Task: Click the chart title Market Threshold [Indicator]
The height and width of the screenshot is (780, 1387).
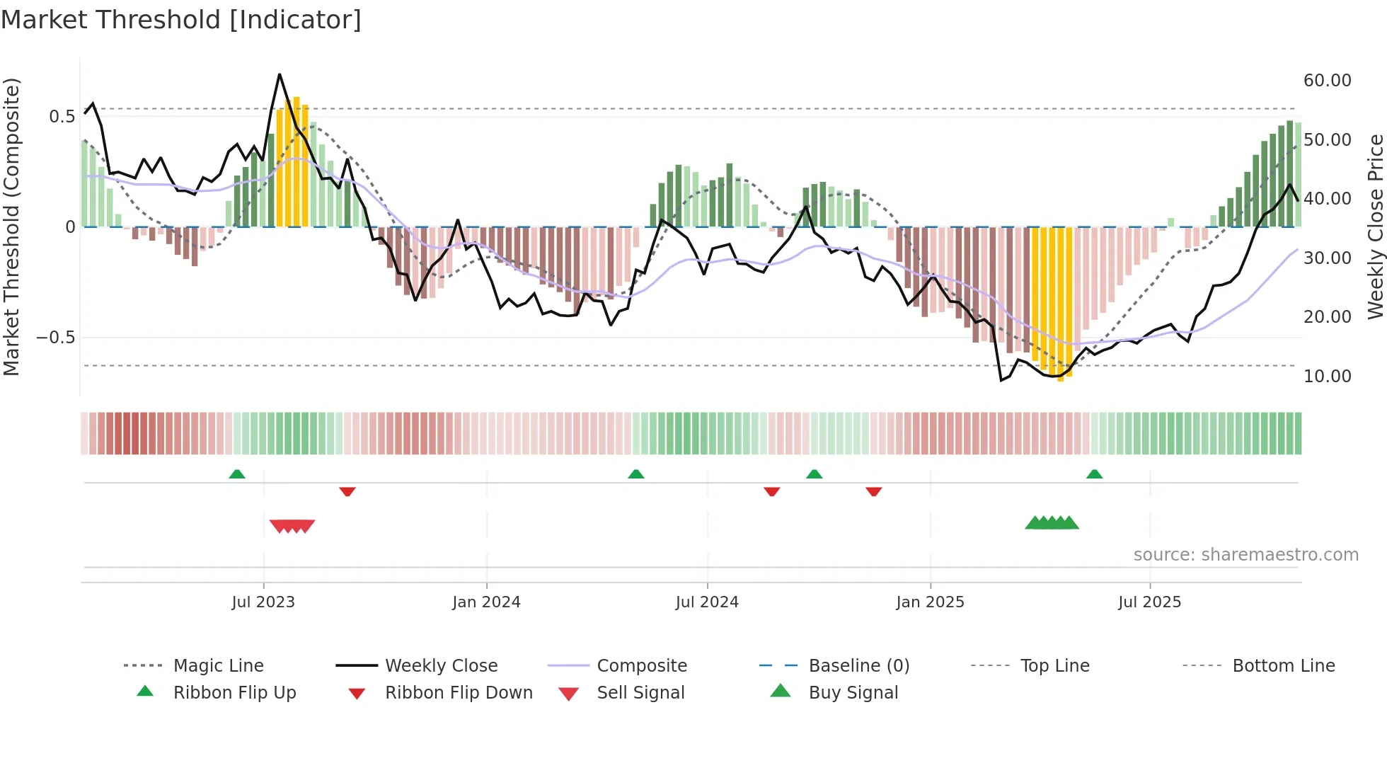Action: click(x=181, y=20)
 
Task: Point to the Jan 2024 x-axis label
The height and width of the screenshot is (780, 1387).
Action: click(x=486, y=602)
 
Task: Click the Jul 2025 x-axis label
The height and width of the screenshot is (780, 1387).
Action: click(x=1149, y=602)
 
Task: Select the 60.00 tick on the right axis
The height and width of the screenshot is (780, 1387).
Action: click(x=1327, y=80)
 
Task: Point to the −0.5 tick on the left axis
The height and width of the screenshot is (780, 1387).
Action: click(x=56, y=337)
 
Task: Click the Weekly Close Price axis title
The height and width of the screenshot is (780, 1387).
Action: click(x=1375, y=226)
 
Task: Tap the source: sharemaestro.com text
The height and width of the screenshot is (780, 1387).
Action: click(x=1245, y=554)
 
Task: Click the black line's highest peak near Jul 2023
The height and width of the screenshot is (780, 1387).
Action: click(x=280, y=74)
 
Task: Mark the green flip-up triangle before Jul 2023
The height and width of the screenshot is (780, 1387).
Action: click(x=237, y=474)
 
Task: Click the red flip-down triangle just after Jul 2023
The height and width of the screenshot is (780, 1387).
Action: click(x=347, y=491)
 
